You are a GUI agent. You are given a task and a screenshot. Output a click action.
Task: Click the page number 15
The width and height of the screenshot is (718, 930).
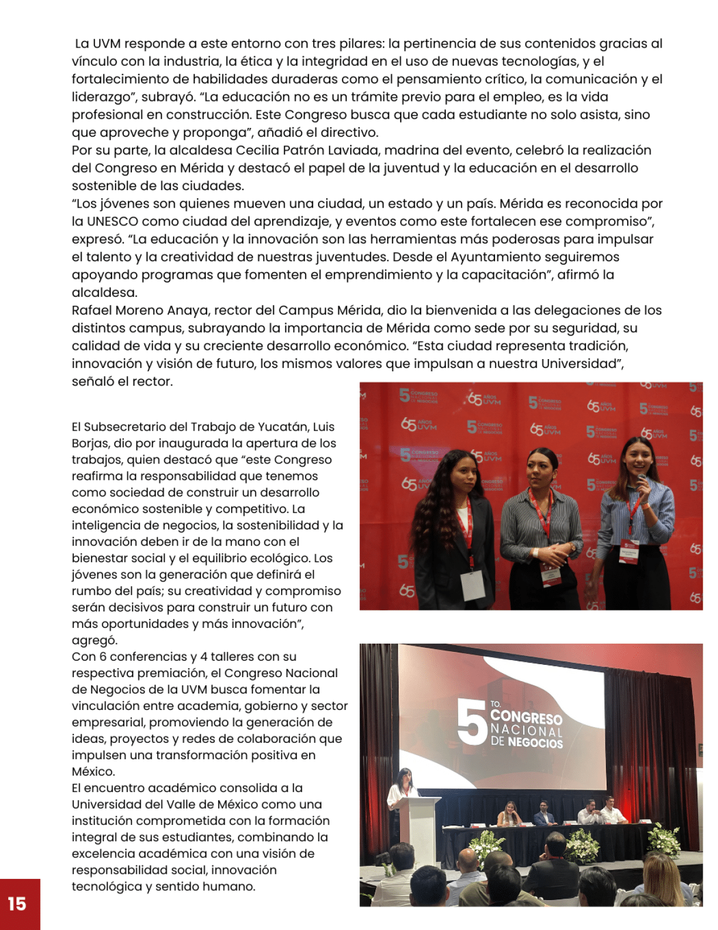pyautogui.click(x=17, y=904)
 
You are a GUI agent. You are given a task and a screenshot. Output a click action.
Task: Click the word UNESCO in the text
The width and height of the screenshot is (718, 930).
pyautogui.click(x=113, y=222)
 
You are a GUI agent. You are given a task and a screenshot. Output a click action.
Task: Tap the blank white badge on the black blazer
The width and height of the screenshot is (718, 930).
pyautogui.click(x=473, y=585)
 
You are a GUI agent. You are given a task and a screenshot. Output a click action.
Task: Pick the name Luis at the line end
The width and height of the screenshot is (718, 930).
pyautogui.click(x=324, y=427)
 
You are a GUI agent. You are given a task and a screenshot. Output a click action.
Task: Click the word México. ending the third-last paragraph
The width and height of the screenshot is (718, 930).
pyautogui.click(x=93, y=772)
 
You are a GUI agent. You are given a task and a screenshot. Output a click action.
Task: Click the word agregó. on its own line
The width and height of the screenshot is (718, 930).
pyautogui.click(x=94, y=640)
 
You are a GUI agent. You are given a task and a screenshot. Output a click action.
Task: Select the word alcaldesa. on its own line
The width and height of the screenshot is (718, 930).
pyautogui.click(x=104, y=293)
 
